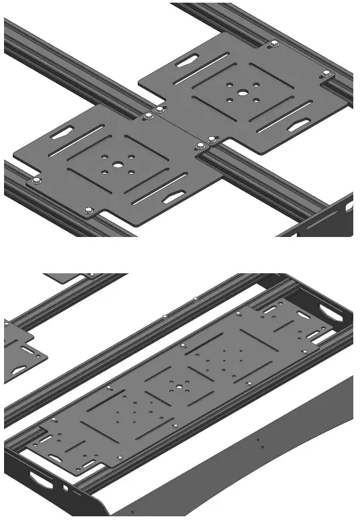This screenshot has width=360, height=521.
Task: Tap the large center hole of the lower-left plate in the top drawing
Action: click(117, 164)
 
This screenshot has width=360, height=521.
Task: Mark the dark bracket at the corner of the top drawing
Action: click(322, 218)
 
